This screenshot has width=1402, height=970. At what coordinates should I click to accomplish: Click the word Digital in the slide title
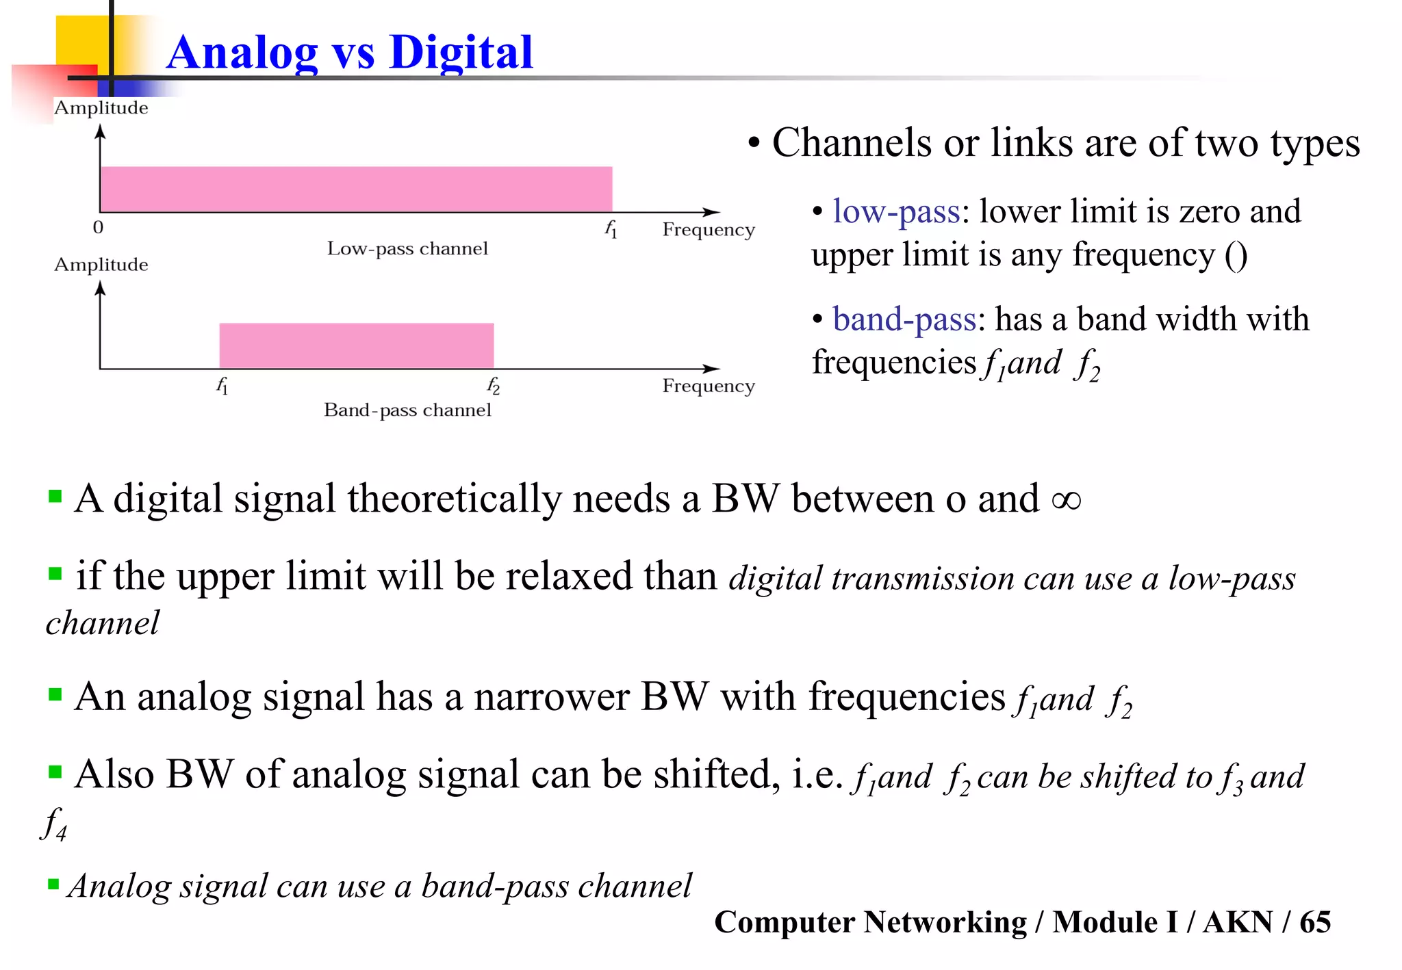tap(461, 53)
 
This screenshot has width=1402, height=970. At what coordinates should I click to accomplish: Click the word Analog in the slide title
tap(242, 53)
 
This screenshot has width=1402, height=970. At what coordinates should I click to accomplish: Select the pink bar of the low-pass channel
tap(356, 189)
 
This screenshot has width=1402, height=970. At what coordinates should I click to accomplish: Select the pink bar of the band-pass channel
tap(356, 345)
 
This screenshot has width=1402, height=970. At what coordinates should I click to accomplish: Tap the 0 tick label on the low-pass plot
tap(99, 227)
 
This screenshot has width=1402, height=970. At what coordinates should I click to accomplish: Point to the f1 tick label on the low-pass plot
tap(611, 229)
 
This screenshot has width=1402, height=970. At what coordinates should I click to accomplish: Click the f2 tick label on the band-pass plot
tap(493, 386)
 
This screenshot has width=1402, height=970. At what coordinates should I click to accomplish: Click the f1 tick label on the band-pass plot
tap(222, 386)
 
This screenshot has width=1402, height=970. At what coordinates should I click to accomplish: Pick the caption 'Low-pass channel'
tap(407, 248)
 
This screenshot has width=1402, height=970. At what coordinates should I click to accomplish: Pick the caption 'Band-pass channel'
tap(407, 410)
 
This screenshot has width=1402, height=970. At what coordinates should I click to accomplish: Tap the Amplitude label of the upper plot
tap(101, 108)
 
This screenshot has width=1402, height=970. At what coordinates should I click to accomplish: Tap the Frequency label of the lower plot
tap(708, 386)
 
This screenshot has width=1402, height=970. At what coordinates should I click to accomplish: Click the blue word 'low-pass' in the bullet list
tap(896, 211)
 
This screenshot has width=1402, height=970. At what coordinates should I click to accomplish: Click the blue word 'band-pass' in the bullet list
tap(904, 319)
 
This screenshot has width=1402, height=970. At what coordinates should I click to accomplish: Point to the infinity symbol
tap(1066, 500)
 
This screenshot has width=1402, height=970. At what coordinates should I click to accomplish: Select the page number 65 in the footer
tap(1315, 922)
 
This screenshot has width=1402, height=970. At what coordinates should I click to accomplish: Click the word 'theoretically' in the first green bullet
tap(454, 499)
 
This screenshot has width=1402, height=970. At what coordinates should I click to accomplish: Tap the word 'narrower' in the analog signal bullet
tap(551, 697)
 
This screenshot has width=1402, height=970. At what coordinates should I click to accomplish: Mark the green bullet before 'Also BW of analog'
tap(55, 773)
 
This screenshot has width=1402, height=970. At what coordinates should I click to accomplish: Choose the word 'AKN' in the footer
tap(1238, 922)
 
